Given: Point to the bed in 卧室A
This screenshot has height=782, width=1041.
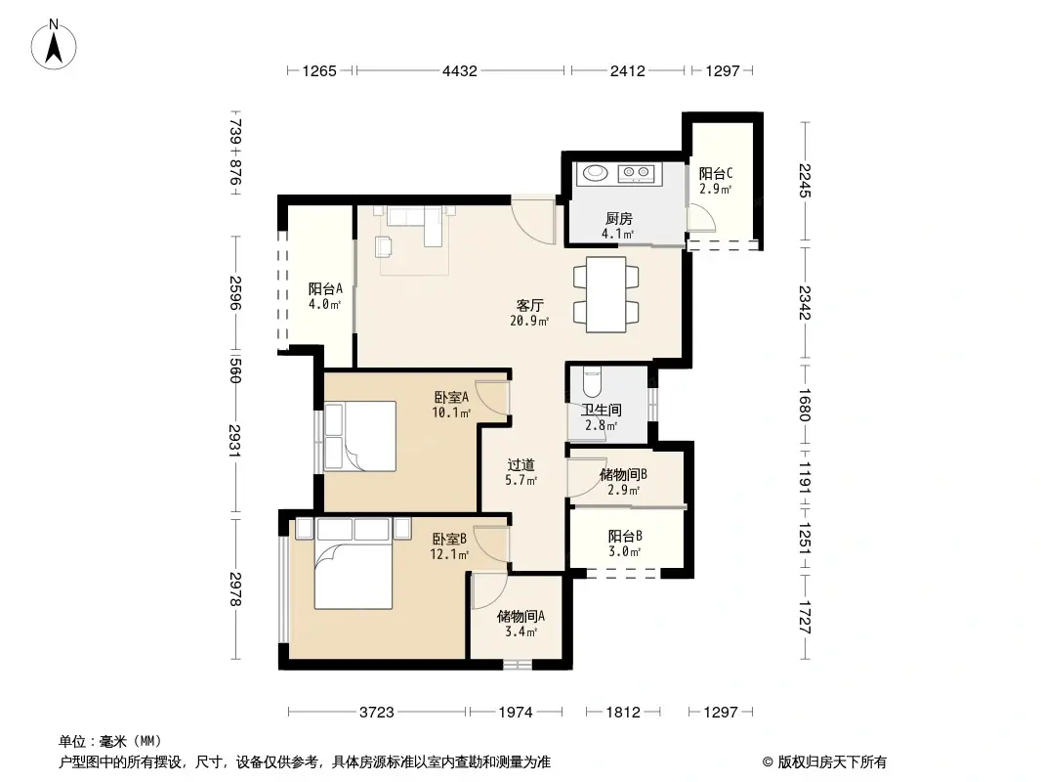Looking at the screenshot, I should pyautogui.click(x=359, y=437).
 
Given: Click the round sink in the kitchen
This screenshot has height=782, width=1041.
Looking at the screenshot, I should pyautogui.click(x=594, y=174).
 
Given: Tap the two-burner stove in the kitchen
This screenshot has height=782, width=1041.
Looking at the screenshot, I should pyautogui.click(x=638, y=174).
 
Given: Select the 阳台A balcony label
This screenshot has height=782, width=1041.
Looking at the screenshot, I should pyautogui.click(x=325, y=296).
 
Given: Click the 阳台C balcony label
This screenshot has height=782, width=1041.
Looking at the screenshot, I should pyautogui.click(x=715, y=181).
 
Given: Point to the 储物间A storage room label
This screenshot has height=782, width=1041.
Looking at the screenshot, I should pyautogui.click(x=520, y=624).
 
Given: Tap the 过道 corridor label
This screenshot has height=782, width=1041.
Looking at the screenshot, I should pyautogui.click(x=520, y=472).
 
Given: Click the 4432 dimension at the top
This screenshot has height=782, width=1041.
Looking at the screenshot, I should pyautogui.click(x=459, y=70).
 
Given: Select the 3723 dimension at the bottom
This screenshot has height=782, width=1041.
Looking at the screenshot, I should pyautogui.click(x=376, y=713).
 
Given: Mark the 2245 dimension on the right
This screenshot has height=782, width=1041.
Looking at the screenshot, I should pyautogui.click(x=804, y=181).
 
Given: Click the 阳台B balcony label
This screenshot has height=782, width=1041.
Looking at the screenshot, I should pyautogui.click(x=624, y=543).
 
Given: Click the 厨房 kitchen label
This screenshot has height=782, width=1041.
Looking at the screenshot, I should pyautogui.click(x=617, y=226).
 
